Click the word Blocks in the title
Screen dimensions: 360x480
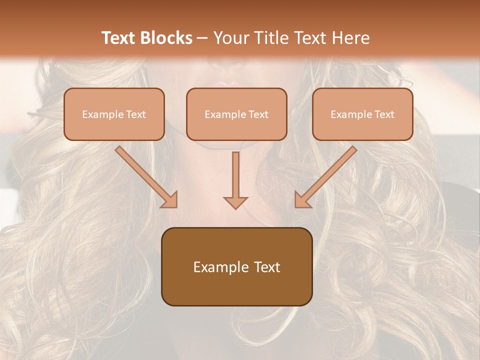167,38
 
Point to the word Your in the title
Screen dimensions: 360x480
229,38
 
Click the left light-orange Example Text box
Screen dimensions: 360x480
114,114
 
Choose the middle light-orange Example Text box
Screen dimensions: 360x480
236,114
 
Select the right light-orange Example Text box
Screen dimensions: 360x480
362,114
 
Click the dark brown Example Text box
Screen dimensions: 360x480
236,266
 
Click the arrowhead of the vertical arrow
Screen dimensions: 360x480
235,201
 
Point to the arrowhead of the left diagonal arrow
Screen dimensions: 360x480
169,200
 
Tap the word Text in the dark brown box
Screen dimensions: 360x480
267,267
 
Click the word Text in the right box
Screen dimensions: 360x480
384,114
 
